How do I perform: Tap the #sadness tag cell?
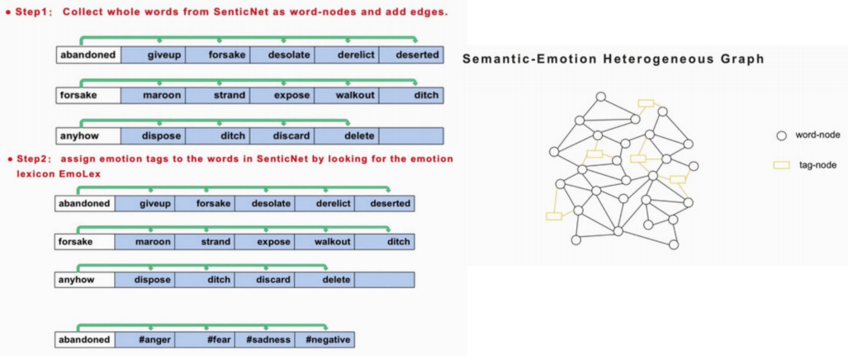pos(265,339)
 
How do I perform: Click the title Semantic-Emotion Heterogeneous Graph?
pos(613,59)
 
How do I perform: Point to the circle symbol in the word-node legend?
pos(780,135)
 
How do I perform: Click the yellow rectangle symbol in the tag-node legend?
pos(780,165)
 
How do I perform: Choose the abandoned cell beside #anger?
pos(85,339)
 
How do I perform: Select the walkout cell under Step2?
pos(325,242)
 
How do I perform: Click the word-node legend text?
pos(817,135)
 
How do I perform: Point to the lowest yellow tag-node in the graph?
pos(554,216)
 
